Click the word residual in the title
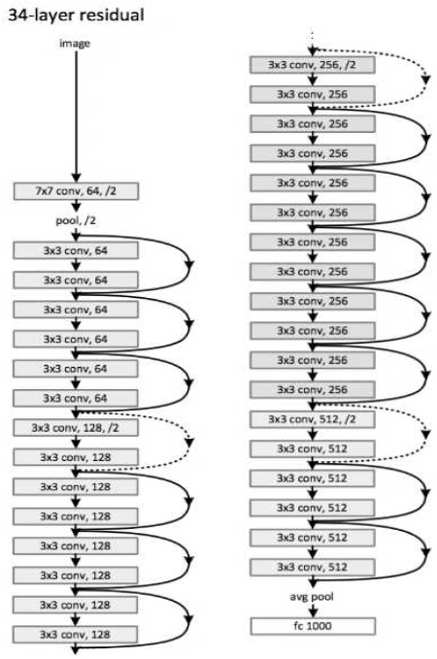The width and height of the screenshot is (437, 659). [x=108, y=15]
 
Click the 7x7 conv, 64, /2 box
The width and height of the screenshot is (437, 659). [x=74, y=193]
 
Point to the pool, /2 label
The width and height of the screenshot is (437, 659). [x=74, y=221]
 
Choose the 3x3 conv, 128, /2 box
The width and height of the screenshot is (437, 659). [x=74, y=427]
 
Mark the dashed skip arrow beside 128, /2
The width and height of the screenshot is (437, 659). [x=185, y=442]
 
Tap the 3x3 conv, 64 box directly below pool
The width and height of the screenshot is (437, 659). [x=74, y=250]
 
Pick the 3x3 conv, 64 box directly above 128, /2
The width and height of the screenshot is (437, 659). [x=74, y=398]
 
